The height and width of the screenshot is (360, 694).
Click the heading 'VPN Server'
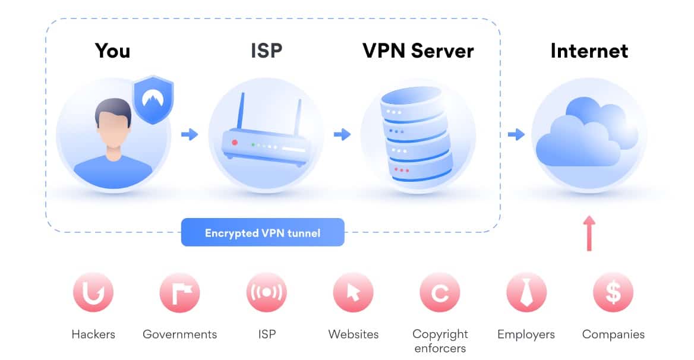point(418,51)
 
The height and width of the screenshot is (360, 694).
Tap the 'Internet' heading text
point(589,51)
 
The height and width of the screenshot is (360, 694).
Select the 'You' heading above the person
point(112,51)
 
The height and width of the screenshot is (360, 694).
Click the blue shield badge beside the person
point(153,100)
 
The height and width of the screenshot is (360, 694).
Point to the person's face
point(113,128)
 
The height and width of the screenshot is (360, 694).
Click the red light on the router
point(235,143)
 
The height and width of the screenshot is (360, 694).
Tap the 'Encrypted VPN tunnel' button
point(263,232)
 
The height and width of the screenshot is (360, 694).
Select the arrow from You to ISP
point(190,134)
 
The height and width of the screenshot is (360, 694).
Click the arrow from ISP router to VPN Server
point(342,134)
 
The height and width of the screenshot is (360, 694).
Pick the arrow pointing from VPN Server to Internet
point(516,134)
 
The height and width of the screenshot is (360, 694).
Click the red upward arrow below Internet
point(589,233)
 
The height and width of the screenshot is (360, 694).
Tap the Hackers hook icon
point(93,292)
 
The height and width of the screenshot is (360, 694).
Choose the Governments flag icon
point(179,292)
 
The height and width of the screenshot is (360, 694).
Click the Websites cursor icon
point(353,292)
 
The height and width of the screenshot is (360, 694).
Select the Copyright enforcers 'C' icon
point(440,292)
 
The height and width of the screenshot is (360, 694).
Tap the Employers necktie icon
point(526,292)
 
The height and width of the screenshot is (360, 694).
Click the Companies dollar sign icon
point(613,292)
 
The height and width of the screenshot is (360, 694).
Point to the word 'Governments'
point(179,334)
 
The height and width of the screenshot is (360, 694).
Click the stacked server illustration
point(416,134)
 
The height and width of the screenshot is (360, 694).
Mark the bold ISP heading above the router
point(266,51)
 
